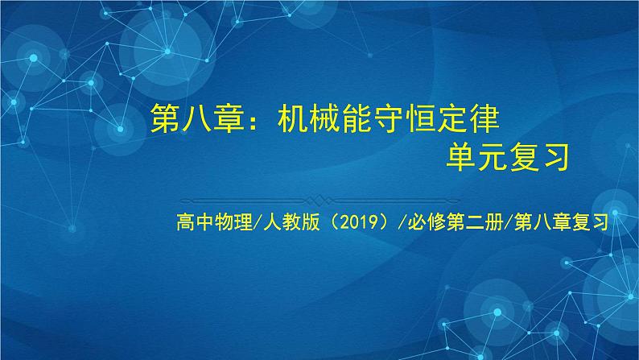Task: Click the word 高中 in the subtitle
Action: (x=195, y=219)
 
